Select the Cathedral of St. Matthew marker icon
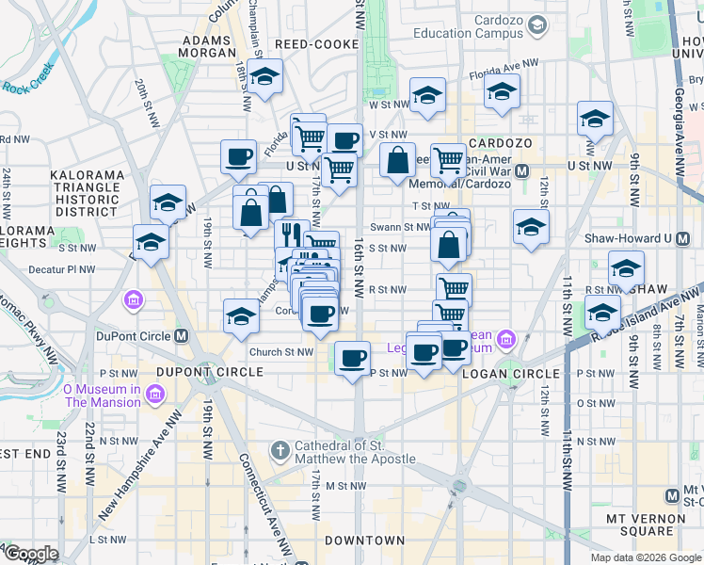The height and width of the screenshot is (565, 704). (x=279, y=450)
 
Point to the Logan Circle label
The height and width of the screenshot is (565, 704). (x=510, y=374)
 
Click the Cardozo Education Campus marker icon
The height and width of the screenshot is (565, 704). (x=536, y=25)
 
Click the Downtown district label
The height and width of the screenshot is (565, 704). (x=364, y=541)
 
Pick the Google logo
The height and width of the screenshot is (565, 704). (x=30, y=555)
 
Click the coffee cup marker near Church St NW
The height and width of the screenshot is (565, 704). (x=353, y=358)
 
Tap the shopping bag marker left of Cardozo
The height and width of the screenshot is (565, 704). (x=398, y=159)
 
